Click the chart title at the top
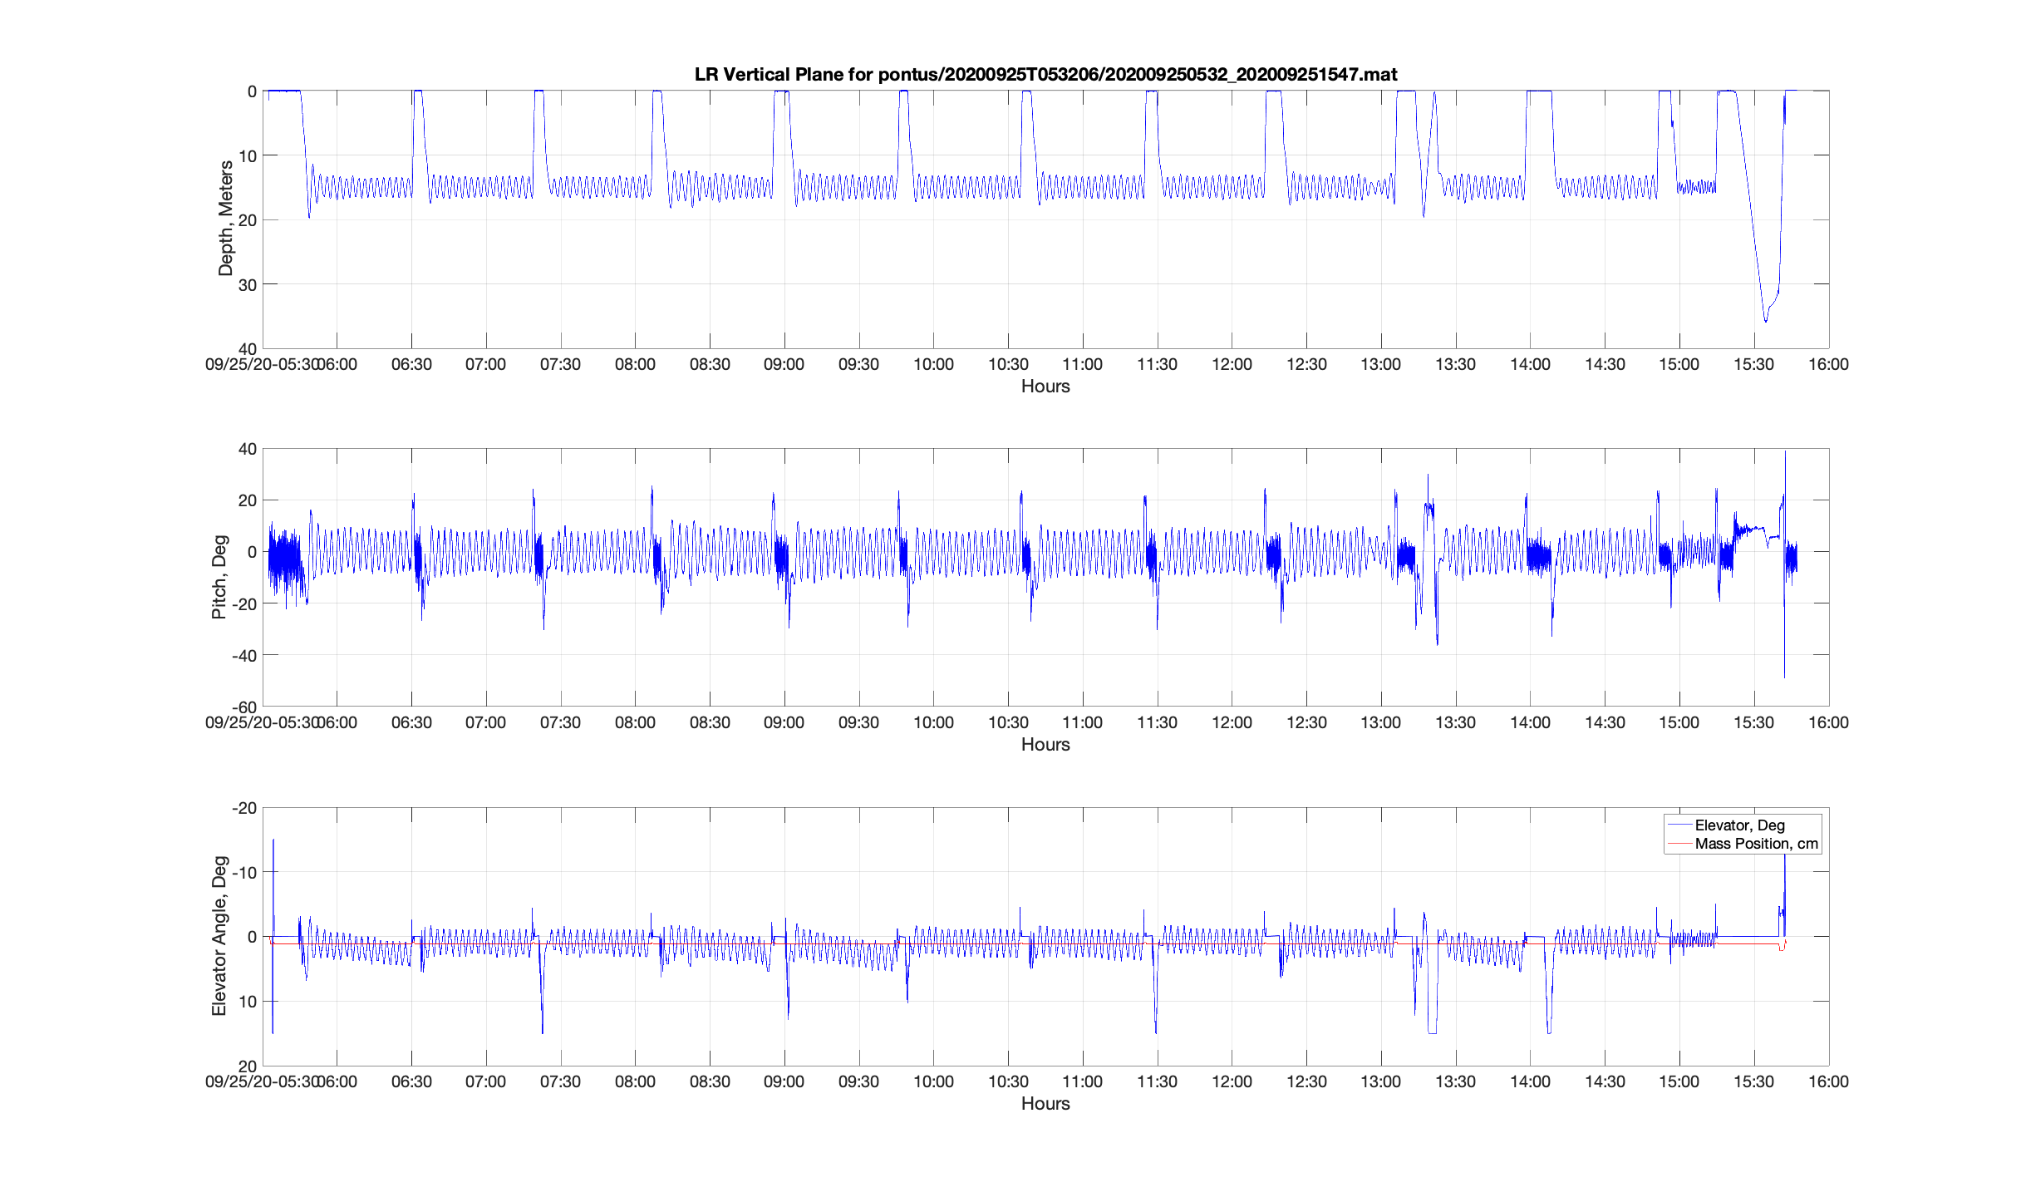coord(1045,75)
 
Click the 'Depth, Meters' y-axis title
coord(225,219)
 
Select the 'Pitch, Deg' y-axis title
coord(219,577)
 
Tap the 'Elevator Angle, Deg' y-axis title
coord(219,936)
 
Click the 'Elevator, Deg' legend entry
coord(1739,825)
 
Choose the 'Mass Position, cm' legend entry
coord(1756,844)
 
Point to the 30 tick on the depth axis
coord(248,285)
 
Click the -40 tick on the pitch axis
coord(244,656)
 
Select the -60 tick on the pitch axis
coord(244,707)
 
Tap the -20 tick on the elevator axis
coord(244,809)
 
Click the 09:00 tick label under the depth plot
coord(784,365)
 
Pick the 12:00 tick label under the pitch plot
coord(1232,723)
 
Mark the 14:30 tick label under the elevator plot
coord(1605,1082)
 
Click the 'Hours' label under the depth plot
coord(1045,387)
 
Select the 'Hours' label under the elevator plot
coord(1045,1104)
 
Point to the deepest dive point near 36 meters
coord(1766,321)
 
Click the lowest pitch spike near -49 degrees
coord(1784,677)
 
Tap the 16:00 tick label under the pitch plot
coord(1828,723)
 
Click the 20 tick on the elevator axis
coord(248,1066)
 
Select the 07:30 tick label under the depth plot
coord(560,365)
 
